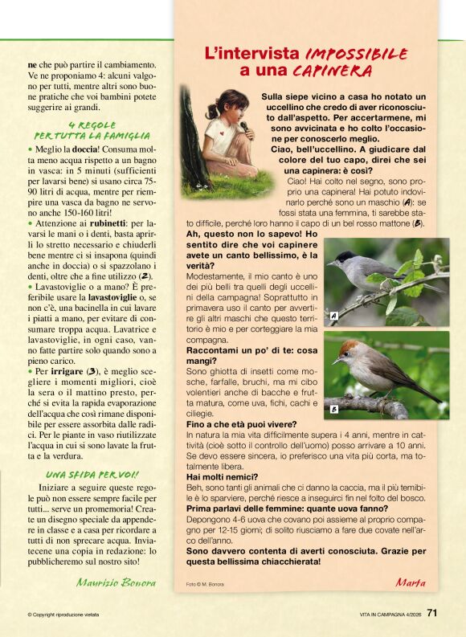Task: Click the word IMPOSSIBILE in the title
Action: coord(356,55)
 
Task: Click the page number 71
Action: coord(432,614)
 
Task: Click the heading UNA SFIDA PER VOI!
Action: coord(92,475)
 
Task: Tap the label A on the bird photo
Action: coord(333,316)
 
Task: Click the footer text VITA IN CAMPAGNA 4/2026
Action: coord(390,615)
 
